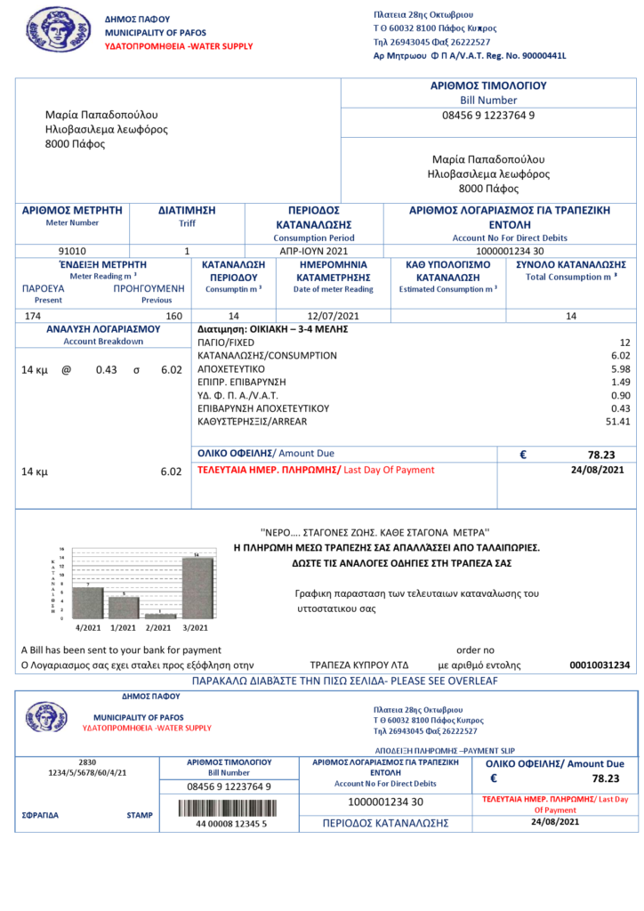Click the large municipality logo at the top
pos(58,30)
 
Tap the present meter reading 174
pos(33,316)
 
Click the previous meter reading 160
pos(174,316)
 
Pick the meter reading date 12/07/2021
pos(334,316)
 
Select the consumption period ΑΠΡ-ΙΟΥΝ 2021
pos(314,251)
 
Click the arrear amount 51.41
pos(617,422)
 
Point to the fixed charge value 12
pos(624,342)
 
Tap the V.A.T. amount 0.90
pos(620,395)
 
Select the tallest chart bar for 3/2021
pos(197,587)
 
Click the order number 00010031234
pos(600,665)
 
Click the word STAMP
pos(140,814)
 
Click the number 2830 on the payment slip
pos(87,762)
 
